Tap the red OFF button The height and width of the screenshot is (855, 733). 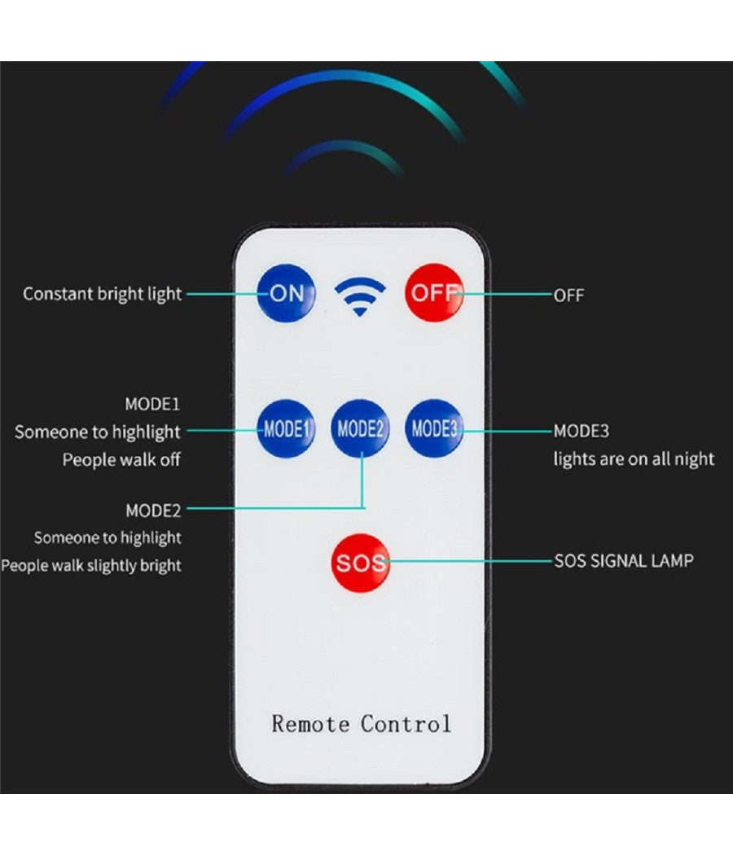point(434,292)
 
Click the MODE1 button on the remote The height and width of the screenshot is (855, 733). point(286,428)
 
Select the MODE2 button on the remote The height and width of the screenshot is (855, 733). point(360,428)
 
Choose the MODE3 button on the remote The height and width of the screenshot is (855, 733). point(434,428)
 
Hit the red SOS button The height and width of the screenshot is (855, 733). point(361,562)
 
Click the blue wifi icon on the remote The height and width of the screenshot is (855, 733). point(361,296)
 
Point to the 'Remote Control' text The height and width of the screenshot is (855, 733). point(361,723)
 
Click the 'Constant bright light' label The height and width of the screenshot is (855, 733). point(102,294)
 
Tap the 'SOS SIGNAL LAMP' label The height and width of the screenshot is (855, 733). point(624,560)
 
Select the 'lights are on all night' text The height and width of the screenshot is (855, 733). point(634,459)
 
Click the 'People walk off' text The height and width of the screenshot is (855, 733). point(121,459)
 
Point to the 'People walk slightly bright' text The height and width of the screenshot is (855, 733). point(91,565)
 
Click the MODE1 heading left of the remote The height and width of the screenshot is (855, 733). point(152,404)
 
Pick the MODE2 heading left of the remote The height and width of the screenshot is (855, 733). point(153,511)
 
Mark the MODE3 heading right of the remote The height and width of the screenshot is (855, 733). point(582,431)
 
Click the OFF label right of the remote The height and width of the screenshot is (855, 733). point(568,295)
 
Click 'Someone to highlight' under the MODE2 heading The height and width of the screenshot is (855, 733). point(108,537)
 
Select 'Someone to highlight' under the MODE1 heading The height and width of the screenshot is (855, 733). point(98,432)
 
